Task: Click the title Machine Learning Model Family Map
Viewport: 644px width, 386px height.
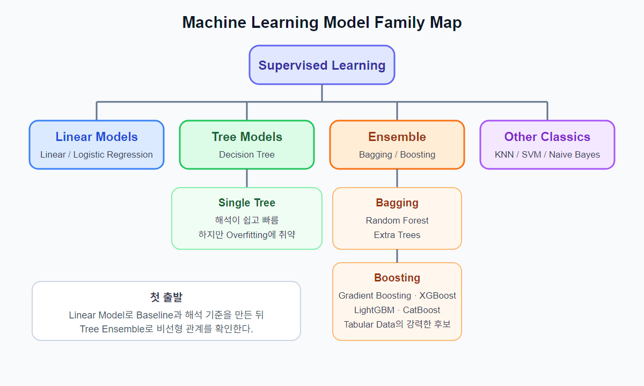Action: [322, 23]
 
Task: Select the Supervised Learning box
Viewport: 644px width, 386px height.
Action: [322, 65]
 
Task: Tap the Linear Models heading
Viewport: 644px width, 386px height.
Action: [97, 137]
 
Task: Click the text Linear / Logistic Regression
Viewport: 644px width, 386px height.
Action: [97, 154]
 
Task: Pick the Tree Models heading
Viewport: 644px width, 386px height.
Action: [247, 137]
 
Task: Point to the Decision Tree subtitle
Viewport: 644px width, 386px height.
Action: [247, 154]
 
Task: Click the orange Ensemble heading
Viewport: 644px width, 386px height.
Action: [397, 137]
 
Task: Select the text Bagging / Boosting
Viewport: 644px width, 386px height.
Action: [397, 154]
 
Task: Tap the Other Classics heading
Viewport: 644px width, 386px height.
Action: [547, 137]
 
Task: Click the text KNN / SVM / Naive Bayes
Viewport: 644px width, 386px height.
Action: [547, 154]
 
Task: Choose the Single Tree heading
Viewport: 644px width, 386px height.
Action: [247, 203]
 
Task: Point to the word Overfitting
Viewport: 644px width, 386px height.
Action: [247, 235]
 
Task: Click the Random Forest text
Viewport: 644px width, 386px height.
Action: [397, 220]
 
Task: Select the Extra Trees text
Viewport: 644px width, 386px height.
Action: [397, 235]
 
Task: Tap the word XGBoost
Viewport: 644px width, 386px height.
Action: [437, 295]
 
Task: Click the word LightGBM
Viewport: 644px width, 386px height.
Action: [375, 310]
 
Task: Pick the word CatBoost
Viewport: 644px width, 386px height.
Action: [421, 310]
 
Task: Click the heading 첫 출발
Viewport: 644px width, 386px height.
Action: [166, 297]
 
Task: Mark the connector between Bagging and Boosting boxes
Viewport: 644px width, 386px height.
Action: [397, 256]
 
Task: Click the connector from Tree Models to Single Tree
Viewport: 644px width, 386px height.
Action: [247, 179]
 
